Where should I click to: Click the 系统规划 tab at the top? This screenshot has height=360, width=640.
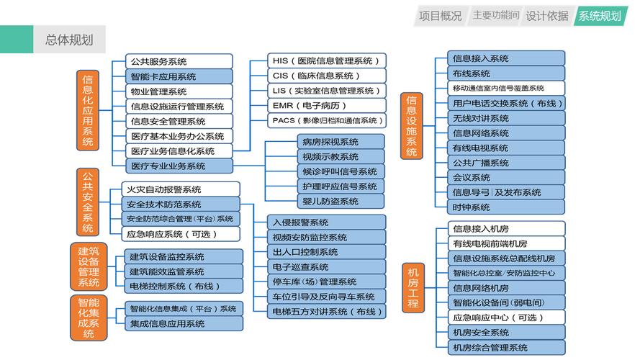599,16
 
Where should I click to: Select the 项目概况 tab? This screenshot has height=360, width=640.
441,16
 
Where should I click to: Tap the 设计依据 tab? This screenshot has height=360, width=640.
546,16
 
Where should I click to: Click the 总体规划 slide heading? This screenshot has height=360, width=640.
69,40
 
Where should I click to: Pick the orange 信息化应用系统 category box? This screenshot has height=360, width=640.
88,110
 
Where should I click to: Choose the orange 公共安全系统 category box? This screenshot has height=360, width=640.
88,202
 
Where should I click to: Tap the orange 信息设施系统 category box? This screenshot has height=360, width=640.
412,126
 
